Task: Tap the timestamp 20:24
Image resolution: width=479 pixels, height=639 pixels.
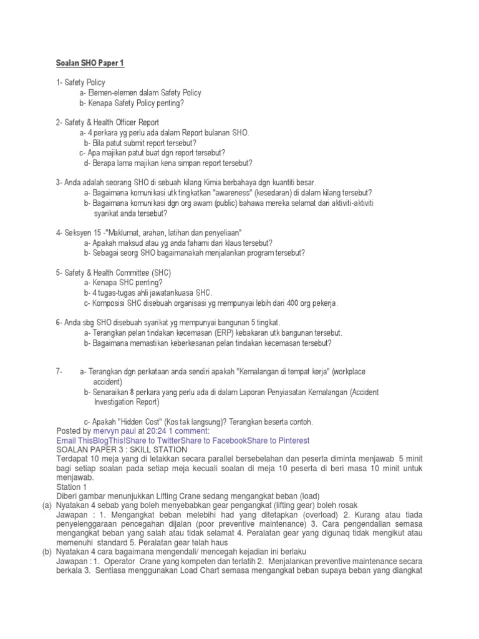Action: pyautogui.click(x=157, y=431)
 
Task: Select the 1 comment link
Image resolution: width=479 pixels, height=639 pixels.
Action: pyautogui.click(x=190, y=431)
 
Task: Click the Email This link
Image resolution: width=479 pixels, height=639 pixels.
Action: pyautogui.click(x=75, y=440)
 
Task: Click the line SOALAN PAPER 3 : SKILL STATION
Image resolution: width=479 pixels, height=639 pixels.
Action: pyautogui.click(x=122, y=449)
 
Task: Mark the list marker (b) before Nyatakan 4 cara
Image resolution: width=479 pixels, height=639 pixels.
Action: pyautogui.click(x=46, y=552)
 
